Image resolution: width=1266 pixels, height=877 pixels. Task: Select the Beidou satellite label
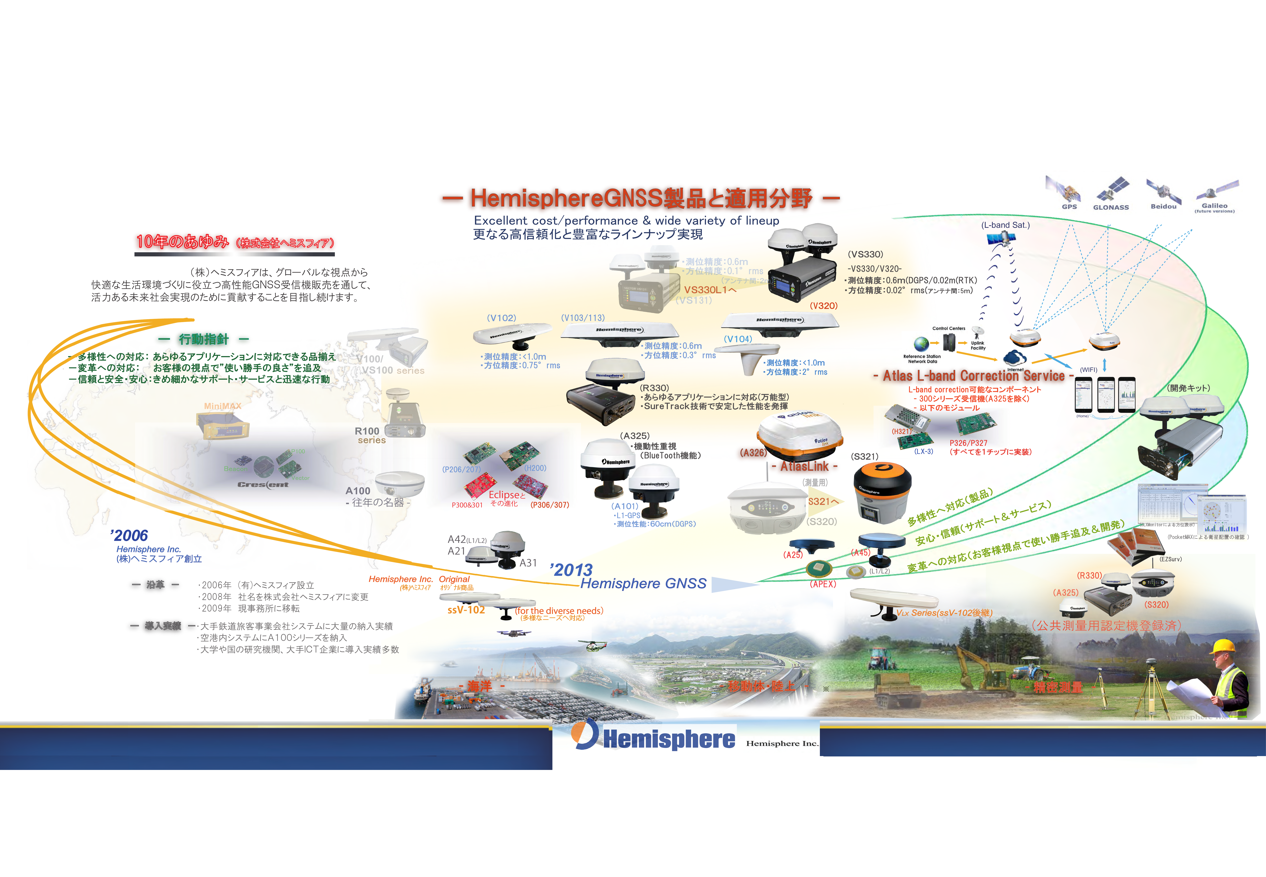[x=1163, y=207]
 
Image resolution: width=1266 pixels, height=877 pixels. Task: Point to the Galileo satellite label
[x=1214, y=206]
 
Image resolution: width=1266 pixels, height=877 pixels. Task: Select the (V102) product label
[x=501, y=318]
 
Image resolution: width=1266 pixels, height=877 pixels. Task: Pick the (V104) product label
[x=738, y=339]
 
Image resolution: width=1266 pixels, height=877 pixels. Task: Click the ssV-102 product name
[x=466, y=610]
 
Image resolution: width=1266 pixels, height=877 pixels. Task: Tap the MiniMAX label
[x=223, y=406]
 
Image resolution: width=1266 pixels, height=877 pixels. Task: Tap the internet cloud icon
[x=1014, y=358]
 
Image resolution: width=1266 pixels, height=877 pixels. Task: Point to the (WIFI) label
[x=1088, y=370]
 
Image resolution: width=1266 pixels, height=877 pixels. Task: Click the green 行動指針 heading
[x=203, y=339]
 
